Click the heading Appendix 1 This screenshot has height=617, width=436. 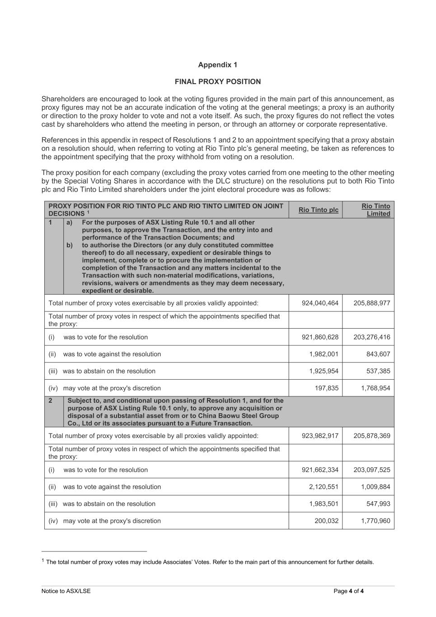pyautogui.click(x=217, y=65)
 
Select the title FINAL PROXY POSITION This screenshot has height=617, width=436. pyautogui.click(x=217, y=82)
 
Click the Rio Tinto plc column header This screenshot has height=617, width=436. pyautogui.click(x=318, y=210)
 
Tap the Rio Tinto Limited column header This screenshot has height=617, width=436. pyautogui.click(x=375, y=210)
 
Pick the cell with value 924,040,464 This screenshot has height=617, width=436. pyautogui.click(x=320, y=303)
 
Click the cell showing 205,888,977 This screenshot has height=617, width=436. pyautogui.click(x=372, y=303)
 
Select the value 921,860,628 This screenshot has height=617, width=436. pyautogui.click(x=320, y=337)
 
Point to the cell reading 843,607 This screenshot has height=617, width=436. pyautogui.click(x=378, y=354)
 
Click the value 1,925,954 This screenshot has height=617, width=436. pyautogui.click(x=323, y=371)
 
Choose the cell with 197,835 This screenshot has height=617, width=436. pyautogui.click(x=327, y=388)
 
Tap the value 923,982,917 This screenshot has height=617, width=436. pyautogui.click(x=320, y=436)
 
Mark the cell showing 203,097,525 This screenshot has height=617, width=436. pyautogui.click(x=372, y=470)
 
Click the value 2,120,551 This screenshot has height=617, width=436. pyautogui.click(x=323, y=487)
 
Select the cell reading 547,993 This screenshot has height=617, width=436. pyautogui.click(x=378, y=504)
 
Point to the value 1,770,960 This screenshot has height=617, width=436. pyautogui.click(x=375, y=521)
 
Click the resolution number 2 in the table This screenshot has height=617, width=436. pyautogui.click(x=51, y=400)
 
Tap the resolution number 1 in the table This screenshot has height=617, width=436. pyautogui.click(x=51, y=222)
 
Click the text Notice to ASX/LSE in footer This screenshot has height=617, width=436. pyautogui.click(x=66, y=591)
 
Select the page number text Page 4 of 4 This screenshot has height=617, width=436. pyautogui.click(x=348, y=591)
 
